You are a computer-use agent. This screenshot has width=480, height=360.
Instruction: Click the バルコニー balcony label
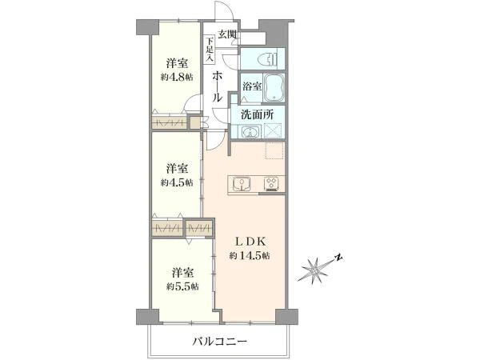219,342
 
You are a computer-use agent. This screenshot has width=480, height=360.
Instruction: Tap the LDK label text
250,242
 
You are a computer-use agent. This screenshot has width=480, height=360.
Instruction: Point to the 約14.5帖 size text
250,256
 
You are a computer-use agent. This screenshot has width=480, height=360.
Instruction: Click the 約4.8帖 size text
177,78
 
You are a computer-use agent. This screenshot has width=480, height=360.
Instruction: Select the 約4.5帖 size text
177,182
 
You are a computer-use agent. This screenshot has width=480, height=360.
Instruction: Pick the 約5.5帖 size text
182,287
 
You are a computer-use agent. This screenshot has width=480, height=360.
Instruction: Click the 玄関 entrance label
228,34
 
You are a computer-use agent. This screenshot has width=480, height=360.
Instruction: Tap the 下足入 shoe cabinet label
210,50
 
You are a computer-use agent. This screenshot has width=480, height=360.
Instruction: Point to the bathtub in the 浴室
274,88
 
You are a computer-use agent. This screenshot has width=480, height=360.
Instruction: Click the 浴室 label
252,86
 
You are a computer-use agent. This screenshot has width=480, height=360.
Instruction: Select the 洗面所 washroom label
257,114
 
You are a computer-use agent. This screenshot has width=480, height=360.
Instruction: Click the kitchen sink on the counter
242,184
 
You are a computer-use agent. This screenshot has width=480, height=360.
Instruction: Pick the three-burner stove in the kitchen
271,184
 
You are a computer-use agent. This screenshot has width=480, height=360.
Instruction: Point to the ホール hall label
217,86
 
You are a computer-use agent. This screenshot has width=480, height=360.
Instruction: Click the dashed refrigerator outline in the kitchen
275,150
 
